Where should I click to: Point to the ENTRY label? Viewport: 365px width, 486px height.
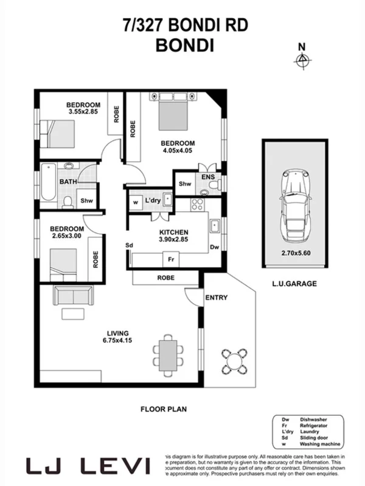tap(216, 298)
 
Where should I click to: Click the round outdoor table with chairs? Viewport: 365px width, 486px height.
tap(234, 360)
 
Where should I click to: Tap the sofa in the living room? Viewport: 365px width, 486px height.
tap(73, 296)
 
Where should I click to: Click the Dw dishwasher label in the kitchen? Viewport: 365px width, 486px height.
tap(214, 247)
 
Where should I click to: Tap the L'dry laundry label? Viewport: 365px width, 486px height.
tap(151, 201)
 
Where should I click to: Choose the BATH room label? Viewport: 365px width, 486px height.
tap(68, 181)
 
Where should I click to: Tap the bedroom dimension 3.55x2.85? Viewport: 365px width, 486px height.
tap(83, 112)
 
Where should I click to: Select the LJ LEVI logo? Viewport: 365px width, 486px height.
tap(89, 466)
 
